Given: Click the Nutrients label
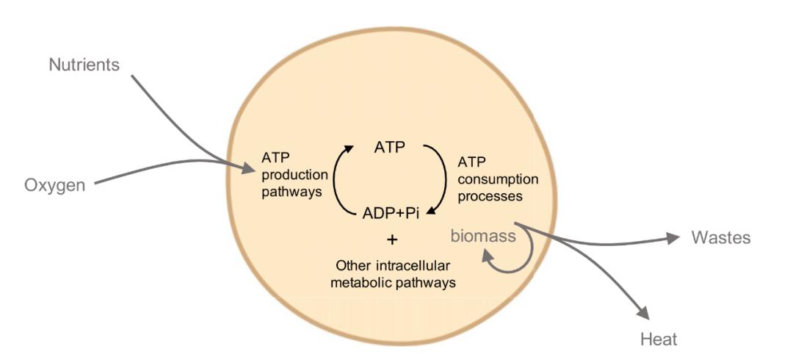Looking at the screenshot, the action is (x=84, y=65).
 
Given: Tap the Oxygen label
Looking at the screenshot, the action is (x=55, y=185).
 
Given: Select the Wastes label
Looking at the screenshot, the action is (x=721, y=237).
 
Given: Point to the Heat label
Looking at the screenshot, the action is (x=659, y=339).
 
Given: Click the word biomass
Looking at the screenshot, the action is (x=483, y=236).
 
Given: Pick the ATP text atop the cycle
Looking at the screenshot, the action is (x=390, y=148).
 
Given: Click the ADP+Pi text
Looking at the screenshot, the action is (x=391, y=213).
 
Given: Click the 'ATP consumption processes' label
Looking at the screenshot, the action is (x=498, y=179).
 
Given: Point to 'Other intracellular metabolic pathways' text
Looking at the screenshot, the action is (x=393, y=275).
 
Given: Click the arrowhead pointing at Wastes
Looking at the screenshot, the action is (x=673, y=238).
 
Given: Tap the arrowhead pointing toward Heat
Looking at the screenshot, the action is (x=643, y=313).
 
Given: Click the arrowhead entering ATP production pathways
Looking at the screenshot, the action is (x=248, y=168).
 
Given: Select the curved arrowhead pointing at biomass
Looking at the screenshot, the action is (x=487, y=256).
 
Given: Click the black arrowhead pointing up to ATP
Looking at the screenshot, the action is (x=348, y=149).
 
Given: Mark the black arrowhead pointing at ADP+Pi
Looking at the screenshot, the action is (x=432, y=211).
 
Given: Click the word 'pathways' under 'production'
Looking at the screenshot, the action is (x=292, y=192).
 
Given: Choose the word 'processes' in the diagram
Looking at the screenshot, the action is (x=490, y=195).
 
